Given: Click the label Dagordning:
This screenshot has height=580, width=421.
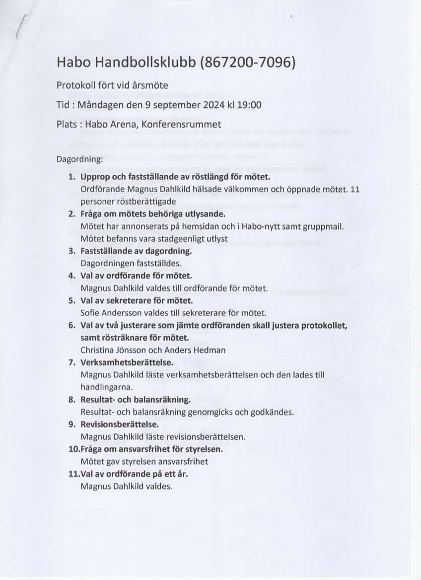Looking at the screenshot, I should pyautogui.click(x=80, y=160).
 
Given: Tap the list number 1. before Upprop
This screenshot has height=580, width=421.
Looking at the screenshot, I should pyautogui.click(x=71, y=177).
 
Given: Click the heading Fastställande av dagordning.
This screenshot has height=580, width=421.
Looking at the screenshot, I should pyautogui.click(x=136, y=251).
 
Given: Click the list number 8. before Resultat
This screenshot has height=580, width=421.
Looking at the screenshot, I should pyautogui.click(x=71, y=400).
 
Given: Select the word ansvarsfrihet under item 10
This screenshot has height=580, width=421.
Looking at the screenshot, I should pyautogui.click(x=179, y=461).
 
